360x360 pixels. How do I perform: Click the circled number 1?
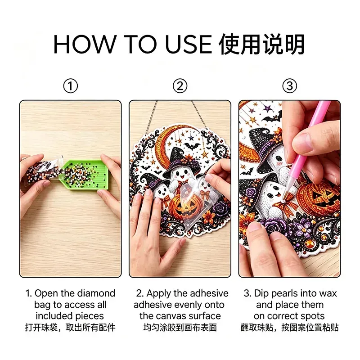pos(71,86)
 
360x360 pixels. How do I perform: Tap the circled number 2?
pos(180,86)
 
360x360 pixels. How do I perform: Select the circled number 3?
pos(289,86)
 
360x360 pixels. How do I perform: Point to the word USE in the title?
pos(188,44)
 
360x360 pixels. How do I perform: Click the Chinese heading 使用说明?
pos(262,44)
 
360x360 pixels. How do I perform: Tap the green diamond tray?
pos(85,175)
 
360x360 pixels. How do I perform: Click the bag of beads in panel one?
pos(42,171)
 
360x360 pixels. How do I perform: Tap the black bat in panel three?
pos(272,117)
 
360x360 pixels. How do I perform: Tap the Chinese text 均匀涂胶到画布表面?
pos(180,328)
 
